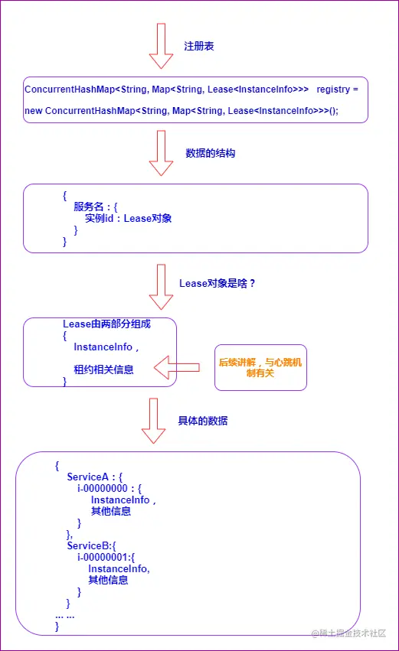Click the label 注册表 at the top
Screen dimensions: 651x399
coord(198,47)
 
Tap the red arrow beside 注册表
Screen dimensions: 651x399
coord(161,46)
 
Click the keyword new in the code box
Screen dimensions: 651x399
coord(34,111)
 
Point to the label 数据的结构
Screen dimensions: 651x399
coord(210,153)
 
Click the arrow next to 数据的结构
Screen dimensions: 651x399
coord(161,153)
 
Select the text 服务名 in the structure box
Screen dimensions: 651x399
coord(90,207)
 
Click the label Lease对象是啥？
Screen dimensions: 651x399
coord(217,283)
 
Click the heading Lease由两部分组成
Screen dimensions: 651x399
coord(106,324)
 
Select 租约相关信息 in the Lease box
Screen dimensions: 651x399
coord(103,369)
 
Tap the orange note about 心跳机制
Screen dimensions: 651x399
coord(260,368)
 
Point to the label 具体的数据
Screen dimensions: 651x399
coord(202,421)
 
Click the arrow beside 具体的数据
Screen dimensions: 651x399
coord(153,421)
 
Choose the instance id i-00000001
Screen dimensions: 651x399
coord(103,557)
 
